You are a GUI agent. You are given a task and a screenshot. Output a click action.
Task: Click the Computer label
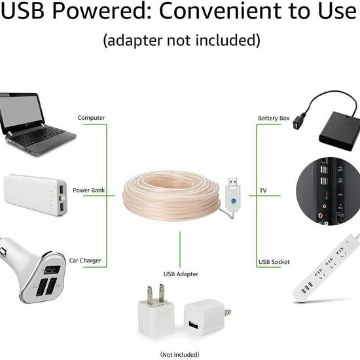click(x=91, y=118)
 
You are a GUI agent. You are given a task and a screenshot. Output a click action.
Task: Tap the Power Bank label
click(x=88, y=190)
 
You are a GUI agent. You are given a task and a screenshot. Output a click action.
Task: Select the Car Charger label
click(x=85, y=261)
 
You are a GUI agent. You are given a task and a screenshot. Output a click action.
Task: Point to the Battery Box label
click(x=274, y=118)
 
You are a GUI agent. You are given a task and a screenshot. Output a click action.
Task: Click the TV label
click(x=263, y=190)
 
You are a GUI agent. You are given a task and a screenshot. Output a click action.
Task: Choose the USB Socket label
click(x=274, y=262)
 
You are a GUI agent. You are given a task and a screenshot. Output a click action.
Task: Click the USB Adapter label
click(x=181, y=274)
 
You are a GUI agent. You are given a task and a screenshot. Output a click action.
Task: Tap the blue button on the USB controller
click(x=234, y=201)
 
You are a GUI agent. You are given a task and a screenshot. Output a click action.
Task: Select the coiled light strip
click(x=171, y=196)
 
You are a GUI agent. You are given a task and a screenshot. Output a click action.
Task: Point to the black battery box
click(x=339, y=131)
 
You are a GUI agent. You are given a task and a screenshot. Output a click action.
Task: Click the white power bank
click(x=35, y=194)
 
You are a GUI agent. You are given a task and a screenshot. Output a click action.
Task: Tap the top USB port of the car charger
click(x=52, y=270)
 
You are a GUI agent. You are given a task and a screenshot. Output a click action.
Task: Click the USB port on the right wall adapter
click(x=194, y=325)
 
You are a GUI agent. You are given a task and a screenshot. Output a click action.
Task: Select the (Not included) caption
click(x=179, y=355)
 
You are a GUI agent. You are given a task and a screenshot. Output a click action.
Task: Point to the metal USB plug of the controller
click(x=233, y=181)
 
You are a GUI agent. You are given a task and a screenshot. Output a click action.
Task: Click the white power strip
click(x=327, y=268)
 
